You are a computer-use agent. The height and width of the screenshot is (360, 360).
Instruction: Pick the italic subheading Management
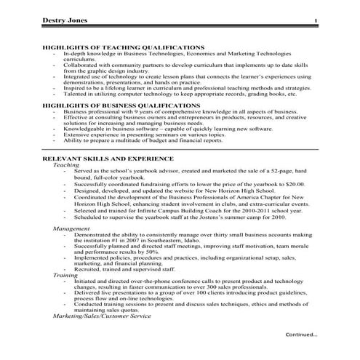(x=71, y=228)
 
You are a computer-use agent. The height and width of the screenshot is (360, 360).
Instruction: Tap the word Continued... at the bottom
(x=301, y=335)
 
